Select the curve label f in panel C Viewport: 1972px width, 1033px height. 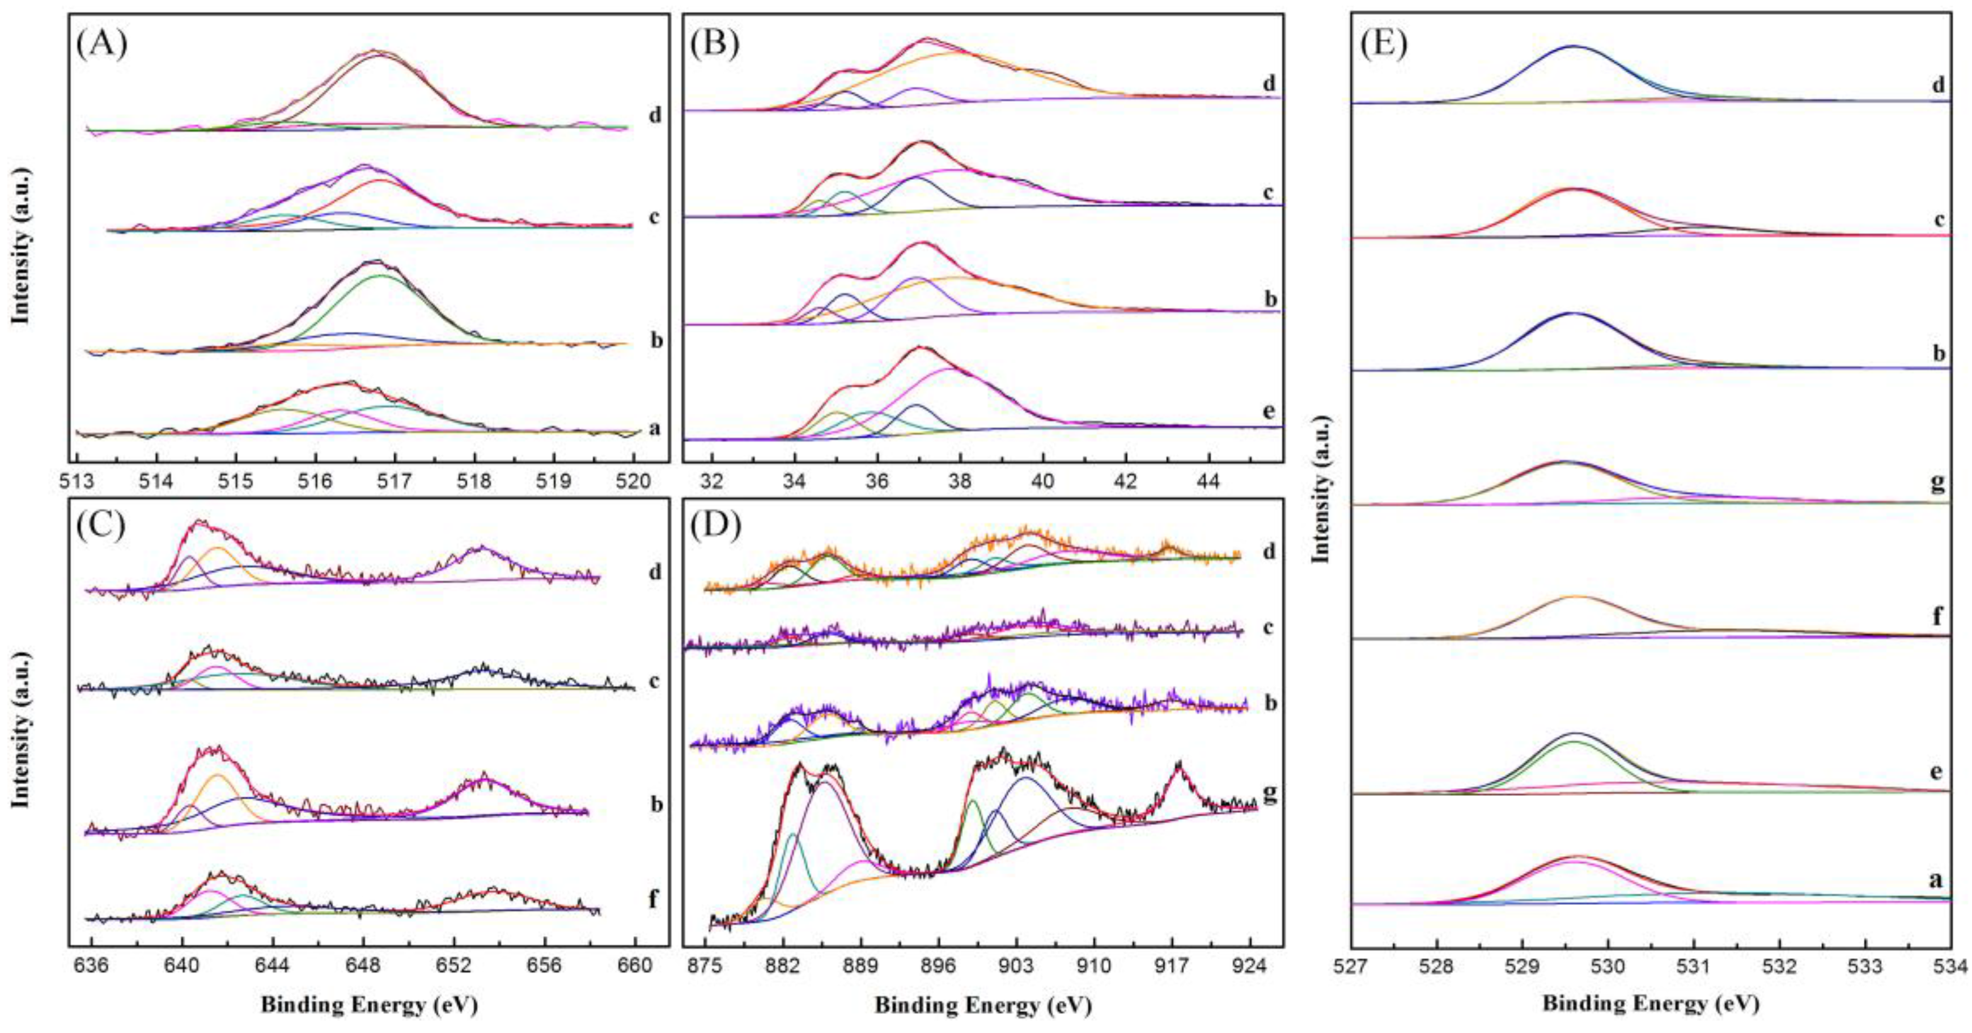653,898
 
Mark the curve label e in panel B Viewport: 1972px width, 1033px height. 1269,411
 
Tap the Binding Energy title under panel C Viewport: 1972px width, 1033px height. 369,1005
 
